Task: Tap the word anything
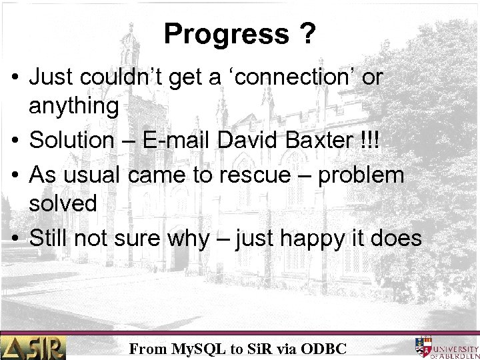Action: coord(73,105)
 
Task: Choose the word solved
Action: coord(63,204)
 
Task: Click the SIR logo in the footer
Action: coord(33,347)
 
